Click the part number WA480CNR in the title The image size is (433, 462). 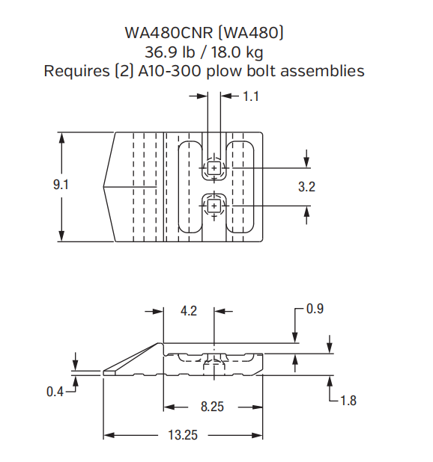coord(167,34)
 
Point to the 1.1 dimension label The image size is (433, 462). coord(251,96)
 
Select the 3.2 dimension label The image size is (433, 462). coord(306,188)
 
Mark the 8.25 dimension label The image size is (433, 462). coord(214,407)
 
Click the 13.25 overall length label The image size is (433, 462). coord(182,435)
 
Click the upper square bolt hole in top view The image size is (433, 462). coord(214,169)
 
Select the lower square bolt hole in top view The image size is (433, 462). coord(214,204)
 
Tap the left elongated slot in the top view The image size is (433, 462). coord(187,186)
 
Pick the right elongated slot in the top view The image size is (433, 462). coord(241,186)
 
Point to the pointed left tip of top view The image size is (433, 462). coord(104,186)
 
